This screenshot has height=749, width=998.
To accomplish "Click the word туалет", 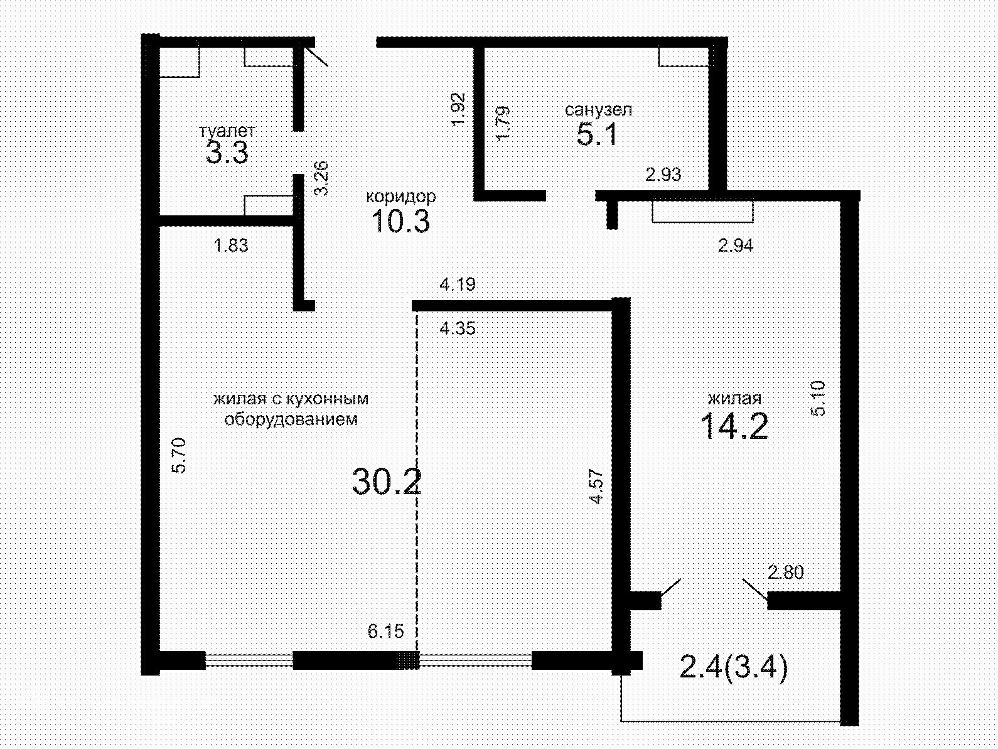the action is (227, 131).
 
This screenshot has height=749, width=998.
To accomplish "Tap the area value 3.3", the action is (227, 153).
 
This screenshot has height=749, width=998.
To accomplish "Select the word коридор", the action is (400, 197).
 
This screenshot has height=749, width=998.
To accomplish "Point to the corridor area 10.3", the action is (400, 222).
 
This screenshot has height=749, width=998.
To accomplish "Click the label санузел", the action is (598, 110).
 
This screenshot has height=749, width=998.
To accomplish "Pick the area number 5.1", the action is (597, 135).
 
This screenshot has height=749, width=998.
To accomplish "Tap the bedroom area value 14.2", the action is (734, 426).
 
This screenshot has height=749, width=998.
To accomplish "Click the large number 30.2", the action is (387, 482).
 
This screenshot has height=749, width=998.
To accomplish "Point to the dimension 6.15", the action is (385, 632).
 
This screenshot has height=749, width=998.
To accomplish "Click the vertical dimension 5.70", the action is (180, 455).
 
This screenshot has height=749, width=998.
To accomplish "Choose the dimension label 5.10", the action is (817, 399).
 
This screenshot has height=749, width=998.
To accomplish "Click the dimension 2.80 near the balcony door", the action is (786, 572).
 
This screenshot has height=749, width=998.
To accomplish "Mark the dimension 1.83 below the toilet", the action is (231, 245).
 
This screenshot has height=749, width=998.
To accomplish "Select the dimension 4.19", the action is (458, 284).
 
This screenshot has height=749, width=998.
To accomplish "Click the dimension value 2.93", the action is (663, 174).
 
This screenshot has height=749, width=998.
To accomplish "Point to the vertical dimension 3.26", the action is (321, 178).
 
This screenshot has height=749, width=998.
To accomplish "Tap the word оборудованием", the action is (291, 419).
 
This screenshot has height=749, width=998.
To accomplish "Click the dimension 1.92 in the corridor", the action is (459, 110).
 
